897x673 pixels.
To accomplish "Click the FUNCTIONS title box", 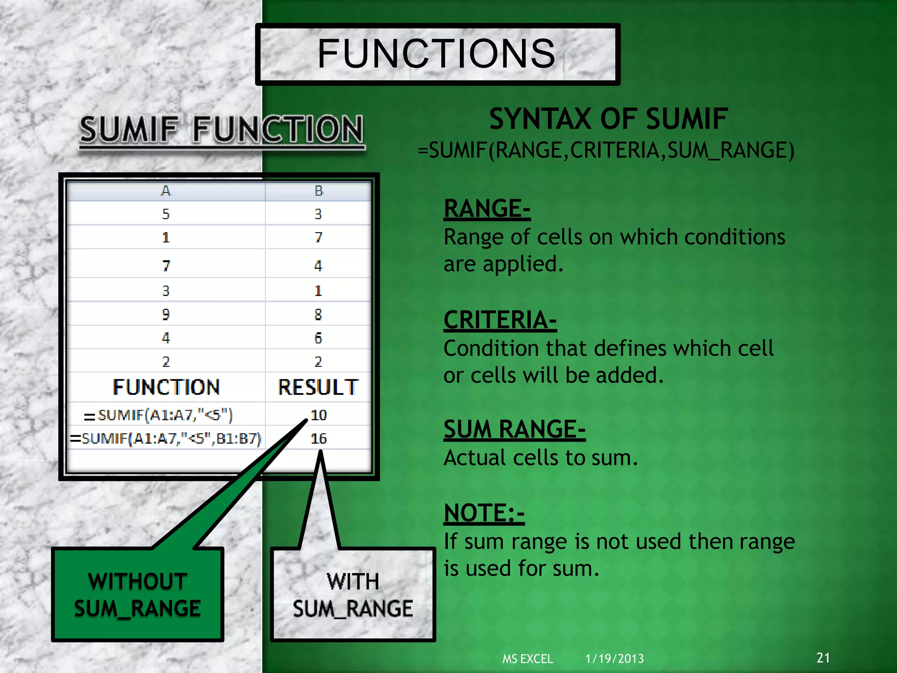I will (437, 54).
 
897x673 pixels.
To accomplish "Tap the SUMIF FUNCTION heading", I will (222, 130).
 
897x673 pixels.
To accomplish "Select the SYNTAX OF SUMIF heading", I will (608, 119).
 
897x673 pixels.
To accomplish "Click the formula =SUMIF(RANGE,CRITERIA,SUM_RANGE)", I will (606, 151).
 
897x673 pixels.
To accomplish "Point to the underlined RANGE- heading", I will (487, 209).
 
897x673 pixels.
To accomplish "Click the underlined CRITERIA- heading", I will (500, 320).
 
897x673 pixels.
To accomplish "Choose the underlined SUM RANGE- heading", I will (514, 429).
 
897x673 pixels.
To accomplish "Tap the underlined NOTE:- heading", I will (484, 513).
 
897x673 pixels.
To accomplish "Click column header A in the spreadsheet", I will (166, 191).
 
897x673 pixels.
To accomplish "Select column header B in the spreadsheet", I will (318, 191).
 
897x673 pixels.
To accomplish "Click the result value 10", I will (318, 415).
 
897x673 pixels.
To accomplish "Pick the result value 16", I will (318, 439).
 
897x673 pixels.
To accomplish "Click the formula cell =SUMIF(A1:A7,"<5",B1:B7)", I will (166, 439).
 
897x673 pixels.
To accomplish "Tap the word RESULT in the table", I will (318, 387).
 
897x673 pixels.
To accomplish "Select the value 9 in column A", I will (166, 314).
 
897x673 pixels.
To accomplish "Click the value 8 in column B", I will (318, 314).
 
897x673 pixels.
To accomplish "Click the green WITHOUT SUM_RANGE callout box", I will (138, 595).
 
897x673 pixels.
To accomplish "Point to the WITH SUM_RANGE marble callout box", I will (353, 595).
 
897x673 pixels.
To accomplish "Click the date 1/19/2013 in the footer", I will (614, 659).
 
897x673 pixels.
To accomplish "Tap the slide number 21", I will (823, 658).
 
